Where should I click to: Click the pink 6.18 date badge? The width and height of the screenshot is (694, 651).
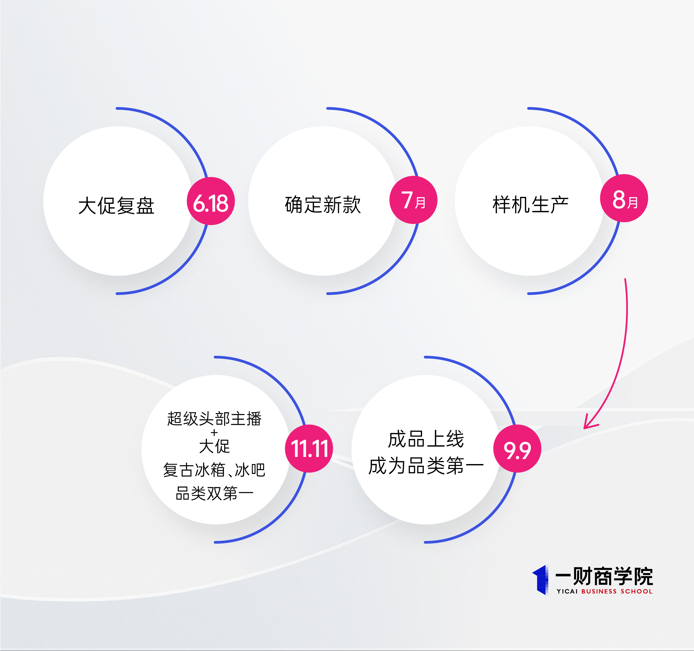pos(211,201)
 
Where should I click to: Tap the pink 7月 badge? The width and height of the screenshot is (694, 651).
pos(413,200)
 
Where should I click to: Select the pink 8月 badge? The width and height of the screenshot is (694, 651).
pos(624,198)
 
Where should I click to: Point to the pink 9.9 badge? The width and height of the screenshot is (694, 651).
pos(517,449)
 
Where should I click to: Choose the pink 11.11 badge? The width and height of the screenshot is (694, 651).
pos(309,449)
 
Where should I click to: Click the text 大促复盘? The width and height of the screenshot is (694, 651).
pos(116,205)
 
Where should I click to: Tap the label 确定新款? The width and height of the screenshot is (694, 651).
pos(323,204)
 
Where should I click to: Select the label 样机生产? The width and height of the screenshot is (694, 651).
pos(531,204)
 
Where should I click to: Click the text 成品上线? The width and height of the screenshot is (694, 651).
pos(426,439)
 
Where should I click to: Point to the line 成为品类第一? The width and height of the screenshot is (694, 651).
pos(426,466)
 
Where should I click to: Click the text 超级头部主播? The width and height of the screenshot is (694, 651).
pos(214,419)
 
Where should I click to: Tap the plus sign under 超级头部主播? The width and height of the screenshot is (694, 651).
pos(214,433)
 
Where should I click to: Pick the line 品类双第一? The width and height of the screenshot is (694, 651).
pos(214,493)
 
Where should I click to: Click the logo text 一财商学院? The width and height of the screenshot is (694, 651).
pos(604,577)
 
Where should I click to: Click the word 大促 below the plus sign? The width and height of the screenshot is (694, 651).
pos(214,446)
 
